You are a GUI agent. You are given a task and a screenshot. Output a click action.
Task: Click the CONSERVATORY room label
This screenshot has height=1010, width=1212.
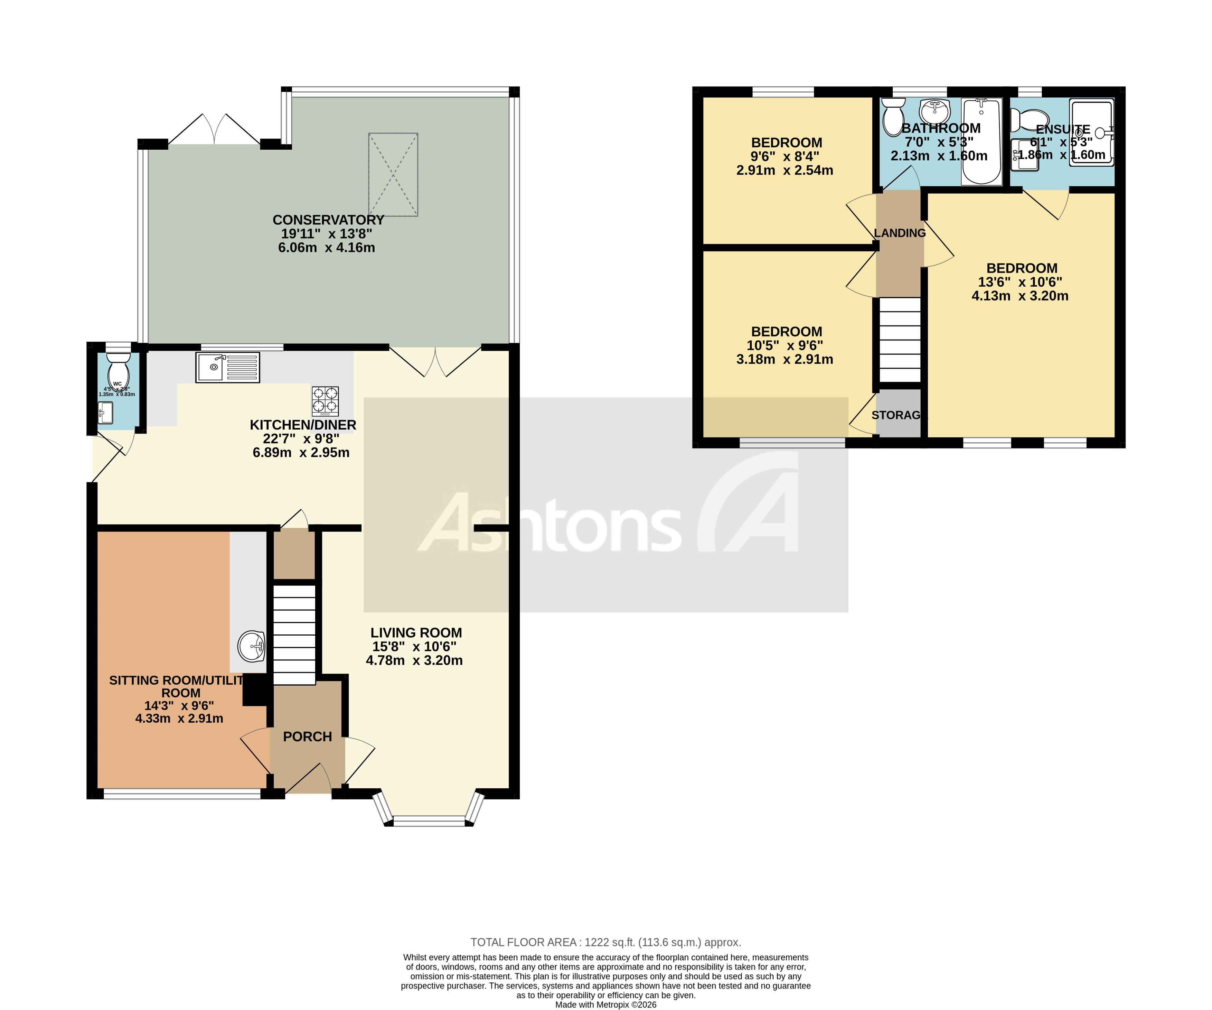point(328,220)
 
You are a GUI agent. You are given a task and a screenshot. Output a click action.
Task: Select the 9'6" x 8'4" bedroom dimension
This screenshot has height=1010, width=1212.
point(784,157)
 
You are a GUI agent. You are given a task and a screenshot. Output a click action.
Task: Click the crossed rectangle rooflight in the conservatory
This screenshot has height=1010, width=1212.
point(393,174)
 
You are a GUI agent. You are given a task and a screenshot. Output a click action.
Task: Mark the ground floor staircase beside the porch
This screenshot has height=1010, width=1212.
point(294,634)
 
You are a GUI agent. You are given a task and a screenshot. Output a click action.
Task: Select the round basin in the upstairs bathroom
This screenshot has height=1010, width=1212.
point(934,109)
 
